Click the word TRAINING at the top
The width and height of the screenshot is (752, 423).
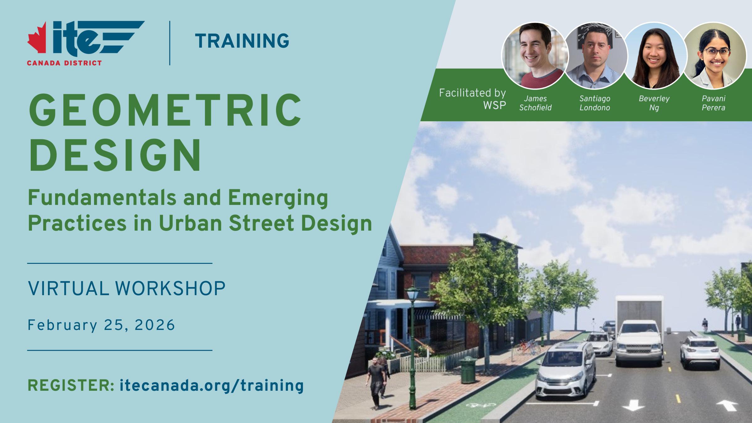click(242, 41)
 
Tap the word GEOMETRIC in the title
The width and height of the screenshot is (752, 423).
click(165, 110)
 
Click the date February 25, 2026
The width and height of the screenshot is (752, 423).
click(101, 325)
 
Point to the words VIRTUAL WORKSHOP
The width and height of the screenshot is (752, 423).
click(127, 288)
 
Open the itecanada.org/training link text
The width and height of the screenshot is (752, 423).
click(212, 386)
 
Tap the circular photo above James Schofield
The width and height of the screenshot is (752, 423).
click(535, 56)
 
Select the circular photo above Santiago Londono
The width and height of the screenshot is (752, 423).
click(595, 56)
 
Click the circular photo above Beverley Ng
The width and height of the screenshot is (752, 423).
click(654, 56)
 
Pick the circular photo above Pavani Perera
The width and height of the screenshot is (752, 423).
click(714, 56)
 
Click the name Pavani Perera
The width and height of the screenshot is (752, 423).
click(713, 103)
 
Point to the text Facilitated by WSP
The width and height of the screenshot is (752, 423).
click(473, 99)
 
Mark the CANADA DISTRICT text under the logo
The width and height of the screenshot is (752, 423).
click(64, 63)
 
